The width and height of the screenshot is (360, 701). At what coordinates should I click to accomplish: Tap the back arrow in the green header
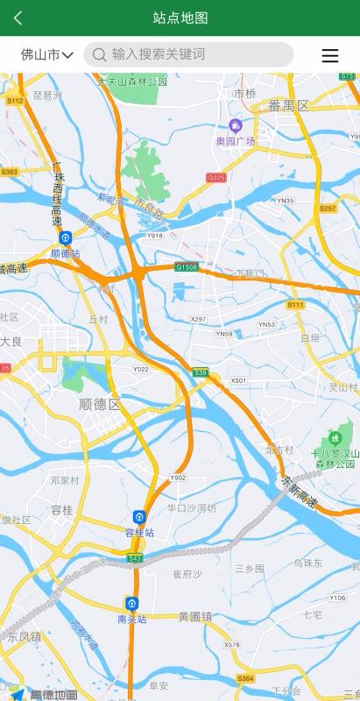[x=18, y=18]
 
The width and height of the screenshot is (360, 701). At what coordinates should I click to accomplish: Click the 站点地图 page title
[x=180, y=18]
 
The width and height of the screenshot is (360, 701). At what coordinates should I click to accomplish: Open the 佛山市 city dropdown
[x=46, y=54]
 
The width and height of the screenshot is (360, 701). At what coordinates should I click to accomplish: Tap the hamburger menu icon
[x=330, y=55]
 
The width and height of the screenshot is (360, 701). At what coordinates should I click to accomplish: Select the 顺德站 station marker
[x=66, y=238]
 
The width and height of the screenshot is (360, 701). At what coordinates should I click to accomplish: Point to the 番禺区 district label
[x=289, y=105]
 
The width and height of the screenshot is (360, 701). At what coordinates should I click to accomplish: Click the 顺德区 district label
[x=100, y=404]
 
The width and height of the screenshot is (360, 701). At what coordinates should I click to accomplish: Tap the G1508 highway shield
[x=187, y=266]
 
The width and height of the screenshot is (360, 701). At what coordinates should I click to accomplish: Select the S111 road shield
[x=295, y=304]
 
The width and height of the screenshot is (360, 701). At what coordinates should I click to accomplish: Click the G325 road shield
[x=216, y=178]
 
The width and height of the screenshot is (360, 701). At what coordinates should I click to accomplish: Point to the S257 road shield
[x=328, y=209]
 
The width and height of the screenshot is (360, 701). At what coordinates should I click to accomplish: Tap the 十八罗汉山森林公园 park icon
[x=334, y=437]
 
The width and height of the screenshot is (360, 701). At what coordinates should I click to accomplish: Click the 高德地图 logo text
[x=53, y=694]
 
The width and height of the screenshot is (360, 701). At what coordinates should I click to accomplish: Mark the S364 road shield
[x=245, y=678]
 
